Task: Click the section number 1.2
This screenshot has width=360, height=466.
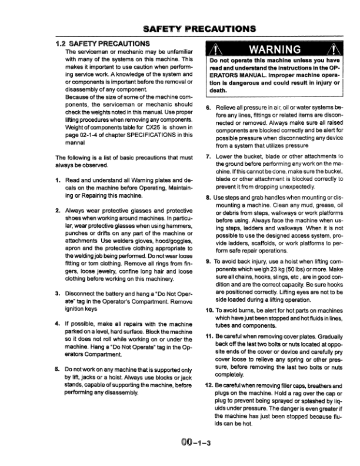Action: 61,44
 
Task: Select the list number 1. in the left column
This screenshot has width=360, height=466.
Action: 58,180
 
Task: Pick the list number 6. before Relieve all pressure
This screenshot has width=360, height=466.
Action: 209,108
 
